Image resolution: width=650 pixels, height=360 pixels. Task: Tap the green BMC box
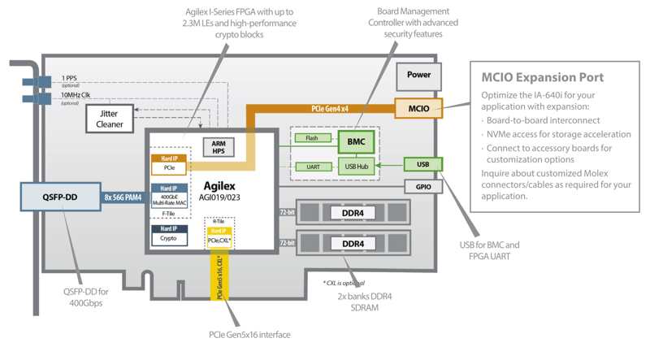click(x=354, y=141)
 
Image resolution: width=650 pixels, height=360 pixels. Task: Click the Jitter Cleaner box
click(x=110, y=119)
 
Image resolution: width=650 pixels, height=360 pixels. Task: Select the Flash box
click(x=312, y=138)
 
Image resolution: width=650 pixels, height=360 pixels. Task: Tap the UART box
click(x=312, y=167)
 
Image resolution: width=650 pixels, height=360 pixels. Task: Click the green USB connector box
click(x=422, y=165)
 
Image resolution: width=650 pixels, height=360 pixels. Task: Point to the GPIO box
click(x=422, y=186)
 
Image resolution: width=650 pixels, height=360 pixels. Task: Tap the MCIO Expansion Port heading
click(x=541, y=77)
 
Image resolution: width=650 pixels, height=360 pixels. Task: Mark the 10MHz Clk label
click(x=76, y=95)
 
